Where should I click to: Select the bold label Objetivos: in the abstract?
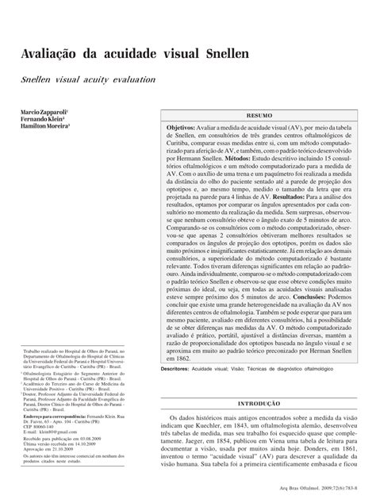[x=184, y=126]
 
